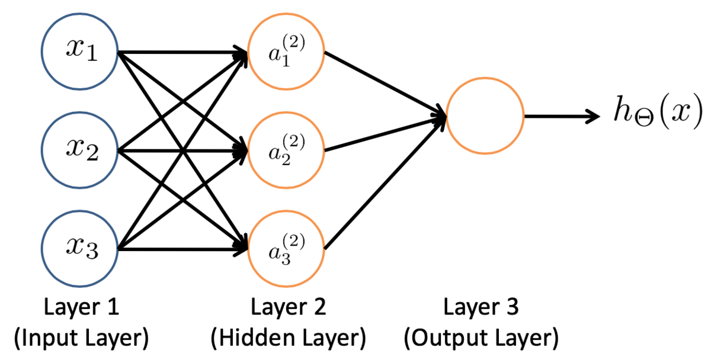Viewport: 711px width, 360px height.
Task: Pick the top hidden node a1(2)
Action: [286, 53]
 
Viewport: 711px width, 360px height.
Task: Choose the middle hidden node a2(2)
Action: [286, 150]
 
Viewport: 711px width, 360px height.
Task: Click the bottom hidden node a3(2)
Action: [286, 249]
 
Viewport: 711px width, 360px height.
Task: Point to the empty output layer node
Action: [485, 116]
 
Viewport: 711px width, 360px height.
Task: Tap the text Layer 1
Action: [81, 308]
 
